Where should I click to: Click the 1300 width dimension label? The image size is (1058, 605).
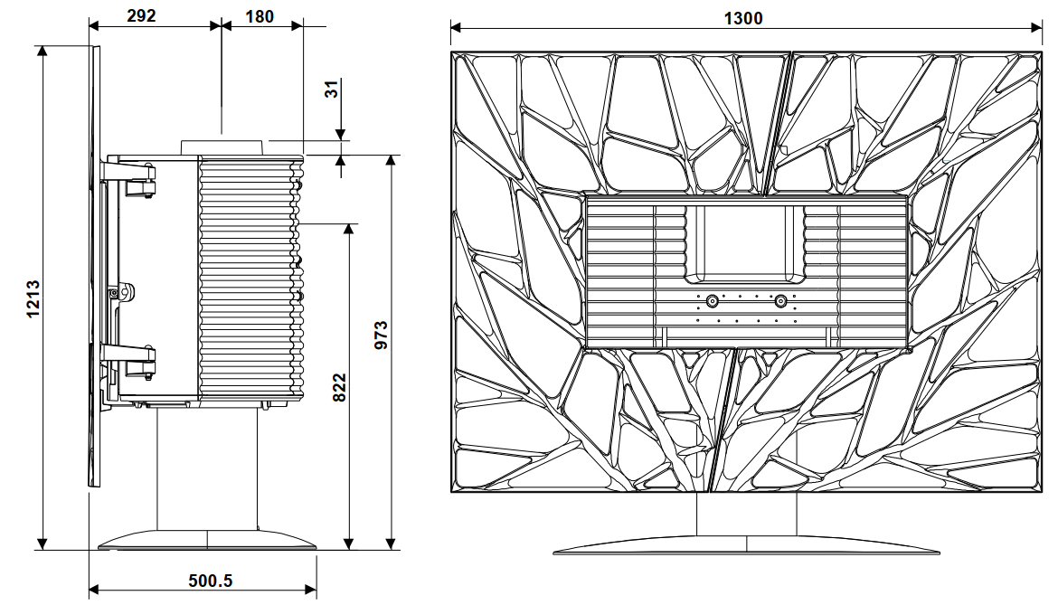click(743, 18)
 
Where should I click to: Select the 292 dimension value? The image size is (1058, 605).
click(141, 15)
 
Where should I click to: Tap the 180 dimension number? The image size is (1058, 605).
click(260, 16)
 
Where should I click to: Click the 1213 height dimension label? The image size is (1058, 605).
click(33, 298)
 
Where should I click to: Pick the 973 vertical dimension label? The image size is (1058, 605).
click(382, 336)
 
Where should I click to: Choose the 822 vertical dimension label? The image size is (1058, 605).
click(339, 387)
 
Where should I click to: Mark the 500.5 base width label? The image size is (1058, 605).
click(211, 581)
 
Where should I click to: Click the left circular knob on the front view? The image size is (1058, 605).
click(712, 301)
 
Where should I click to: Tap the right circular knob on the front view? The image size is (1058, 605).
click(780, 301)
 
